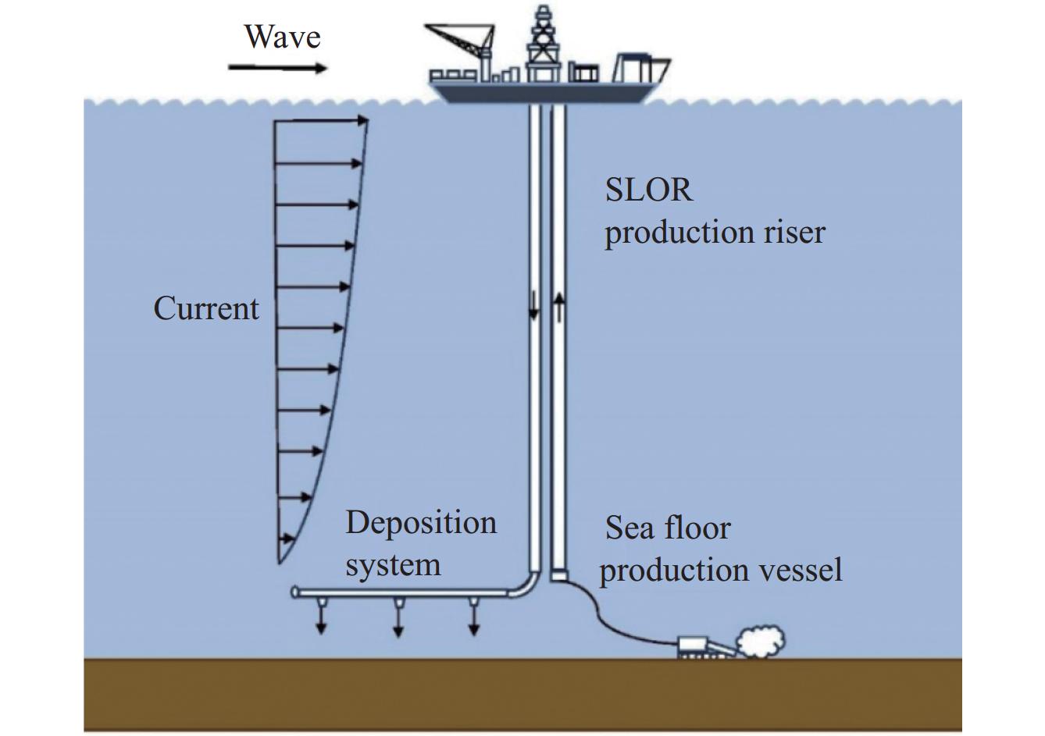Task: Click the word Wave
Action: [x=282, y=37]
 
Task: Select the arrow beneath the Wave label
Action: [x=278, y=69]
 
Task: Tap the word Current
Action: [x=206, y=308]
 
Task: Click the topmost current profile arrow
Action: [x=321, y=121]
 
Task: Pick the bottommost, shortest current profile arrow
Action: [x=287, y=539]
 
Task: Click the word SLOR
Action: [x=648, y=190]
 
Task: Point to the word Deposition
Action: [x=421, y=522]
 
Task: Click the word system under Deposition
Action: [x=393, y=564]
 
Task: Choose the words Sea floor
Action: [x=668, y=528]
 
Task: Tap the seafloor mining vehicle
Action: [x=699, y=647]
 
